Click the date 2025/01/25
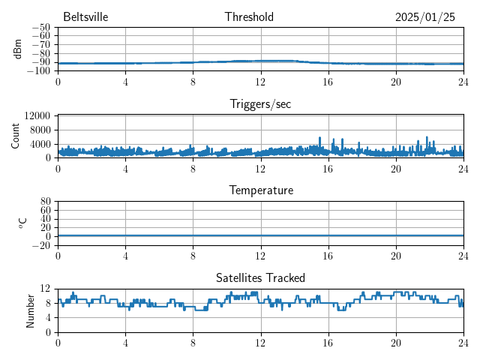tap(425, 16)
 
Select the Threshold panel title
tap(249, 16)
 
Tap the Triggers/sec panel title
tap(260, 104)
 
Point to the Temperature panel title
tap(260, 190)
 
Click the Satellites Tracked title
tap(260, 277)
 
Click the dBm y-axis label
tap(18, 49)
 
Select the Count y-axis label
tap(16, 136)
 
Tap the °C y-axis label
tap(22, 223)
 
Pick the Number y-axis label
tap(31, 310)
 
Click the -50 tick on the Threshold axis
tap(41, 28)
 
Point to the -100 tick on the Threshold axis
tap(39, 71)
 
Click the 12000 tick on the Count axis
tap(37, 115)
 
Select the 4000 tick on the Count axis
tap(40, 143)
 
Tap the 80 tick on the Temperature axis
tap(45, 202)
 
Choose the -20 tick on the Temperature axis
tap(41, 245)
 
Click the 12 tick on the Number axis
tap(45, 289)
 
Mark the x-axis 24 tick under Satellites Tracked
tap(463, 343)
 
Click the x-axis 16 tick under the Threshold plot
tap(328, 82)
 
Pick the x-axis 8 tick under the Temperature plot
tap(193, 256)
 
